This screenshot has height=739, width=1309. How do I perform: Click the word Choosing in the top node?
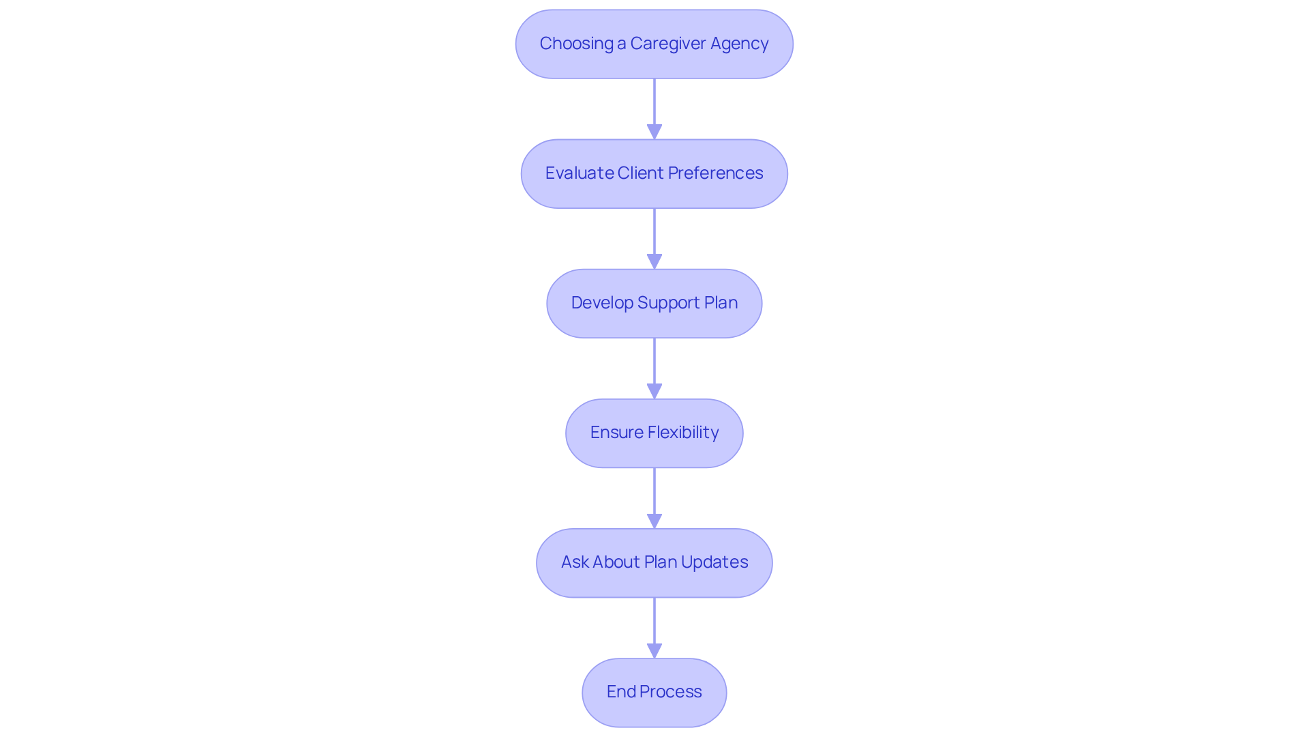coord(576,44)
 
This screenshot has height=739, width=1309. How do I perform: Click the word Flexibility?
coord(682,433)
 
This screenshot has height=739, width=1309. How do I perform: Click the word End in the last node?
coord(621,692)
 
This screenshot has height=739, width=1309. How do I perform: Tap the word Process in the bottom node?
coord(670,692)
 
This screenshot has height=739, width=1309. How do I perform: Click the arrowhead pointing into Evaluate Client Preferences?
coord(654,132)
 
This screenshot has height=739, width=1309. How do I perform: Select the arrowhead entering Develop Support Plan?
coord(654,261)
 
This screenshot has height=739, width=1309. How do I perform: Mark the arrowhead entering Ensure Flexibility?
coord(654,391)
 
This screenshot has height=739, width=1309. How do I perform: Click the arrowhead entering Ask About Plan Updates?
coord(654,521)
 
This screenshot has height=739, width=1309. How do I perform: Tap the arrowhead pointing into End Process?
coord(654,650)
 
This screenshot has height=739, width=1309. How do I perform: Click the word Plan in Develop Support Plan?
coord(721,303)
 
